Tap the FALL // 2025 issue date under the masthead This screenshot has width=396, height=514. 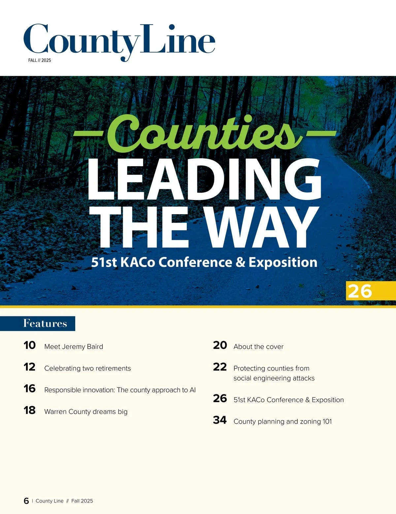pos(40,60)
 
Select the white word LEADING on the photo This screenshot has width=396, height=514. pos(204,180)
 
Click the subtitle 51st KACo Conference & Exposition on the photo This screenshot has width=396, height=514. pos(204,262)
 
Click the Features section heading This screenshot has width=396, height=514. pos(45,323)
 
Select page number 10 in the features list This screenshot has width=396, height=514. pos(29,345)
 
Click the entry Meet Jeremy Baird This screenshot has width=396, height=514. pos(74,347)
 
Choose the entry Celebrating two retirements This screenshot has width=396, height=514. pos(87,369)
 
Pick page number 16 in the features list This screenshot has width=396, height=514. pos(29,389)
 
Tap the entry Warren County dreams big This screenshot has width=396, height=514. pos(86,412)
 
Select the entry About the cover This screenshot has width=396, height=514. pos(258,347)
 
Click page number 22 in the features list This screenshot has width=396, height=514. pos(220,367)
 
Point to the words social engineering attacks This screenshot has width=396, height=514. pos(274,378)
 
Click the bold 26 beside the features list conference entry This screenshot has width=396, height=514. pos(220,399)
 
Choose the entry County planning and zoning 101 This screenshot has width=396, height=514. pos(282,422)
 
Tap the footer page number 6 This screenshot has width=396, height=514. pos(26,501)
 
